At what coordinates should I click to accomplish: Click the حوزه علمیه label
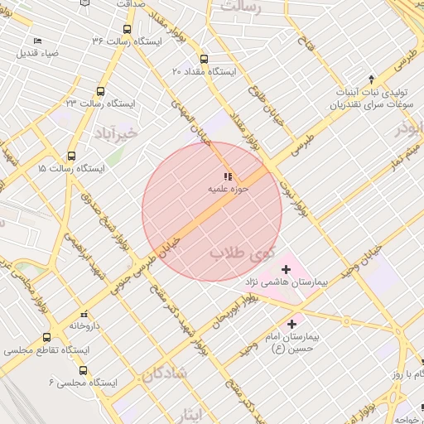click(x=225, y=190)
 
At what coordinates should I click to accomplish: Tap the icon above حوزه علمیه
click(x=227, y=176)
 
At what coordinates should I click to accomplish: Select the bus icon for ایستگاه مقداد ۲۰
click(x=204, y=59)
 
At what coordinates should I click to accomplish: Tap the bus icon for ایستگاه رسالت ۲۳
click(x=101, y=92)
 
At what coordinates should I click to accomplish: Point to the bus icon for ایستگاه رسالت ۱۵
click(x=71, y=156)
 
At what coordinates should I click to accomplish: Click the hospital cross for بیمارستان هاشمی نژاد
click(x=287, y=269)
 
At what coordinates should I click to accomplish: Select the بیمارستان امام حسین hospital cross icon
click(x=291, y=325)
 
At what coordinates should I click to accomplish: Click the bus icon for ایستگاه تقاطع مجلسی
click(x=46, y=338)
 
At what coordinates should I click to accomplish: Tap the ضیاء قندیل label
click(x=37, y=54)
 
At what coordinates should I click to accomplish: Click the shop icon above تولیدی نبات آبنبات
click(x=370, y=77)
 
